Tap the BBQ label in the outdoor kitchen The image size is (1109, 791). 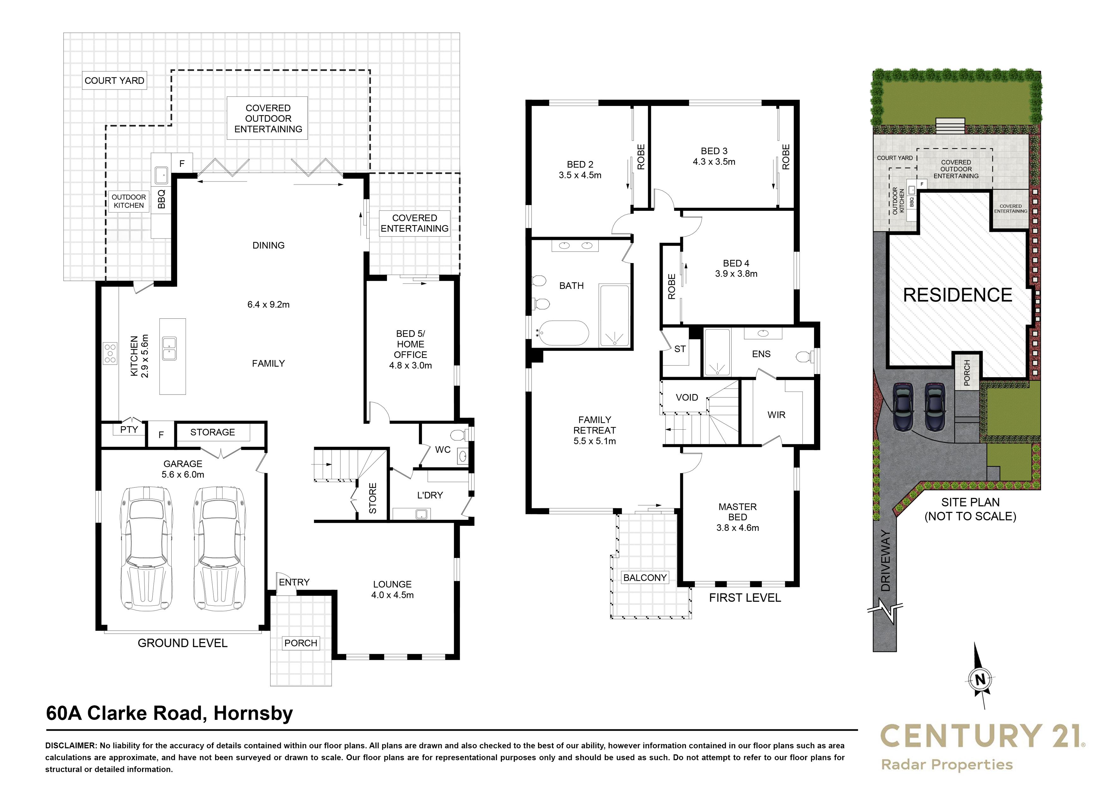pos(162,199)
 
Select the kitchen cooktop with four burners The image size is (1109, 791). pos(110,353)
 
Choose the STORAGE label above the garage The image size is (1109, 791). pos(212,432)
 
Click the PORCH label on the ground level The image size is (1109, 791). pos(301,643)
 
